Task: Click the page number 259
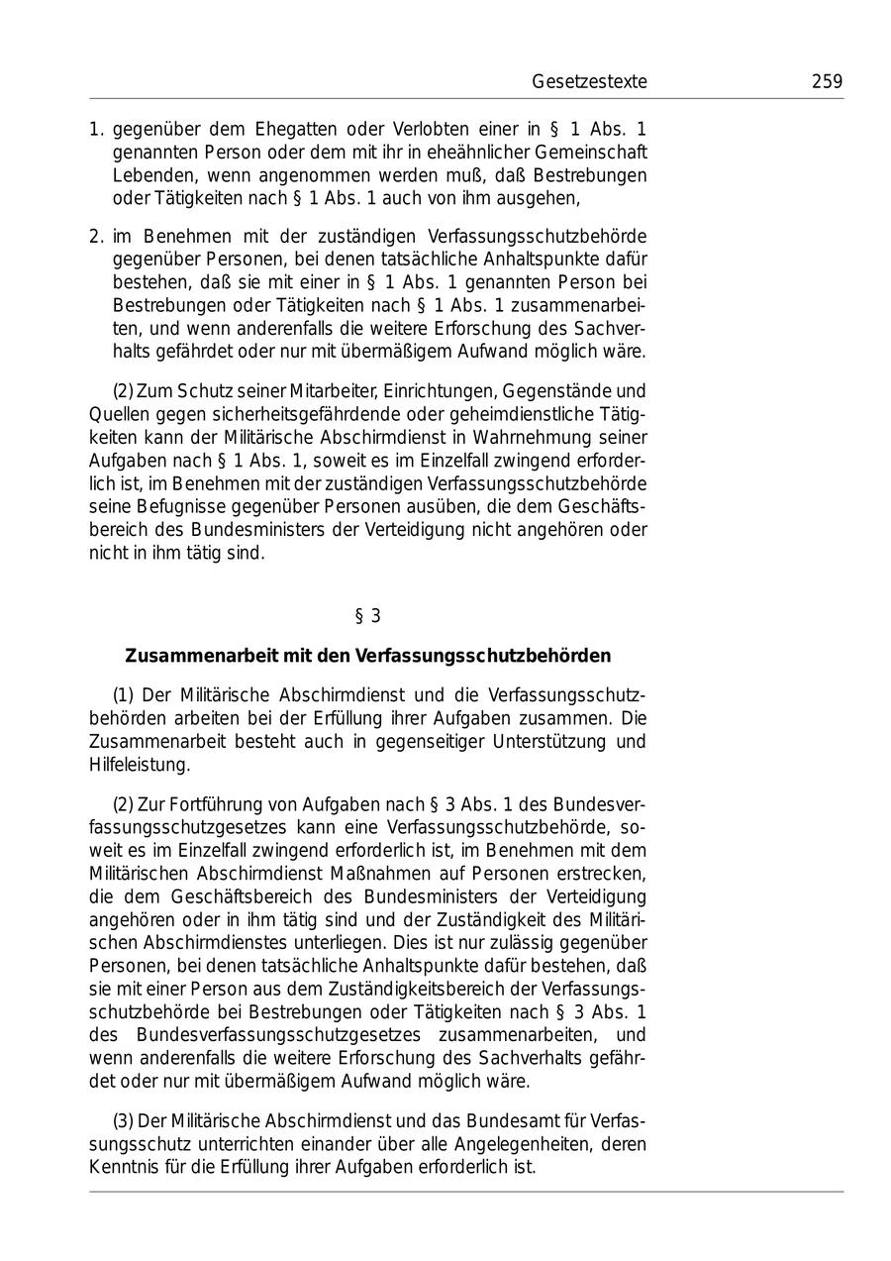[x=827, y=82]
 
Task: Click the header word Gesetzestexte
[x=589, y=82]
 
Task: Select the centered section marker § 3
[x=367, y=616]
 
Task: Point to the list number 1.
[x=95, y=130]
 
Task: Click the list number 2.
[x=95, y=237]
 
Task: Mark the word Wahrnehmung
[x=528, y=436]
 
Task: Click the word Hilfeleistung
[x=139, y=765]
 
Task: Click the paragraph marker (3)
[x=123, y=1120]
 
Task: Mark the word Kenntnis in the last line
[x=122, y=1167]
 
